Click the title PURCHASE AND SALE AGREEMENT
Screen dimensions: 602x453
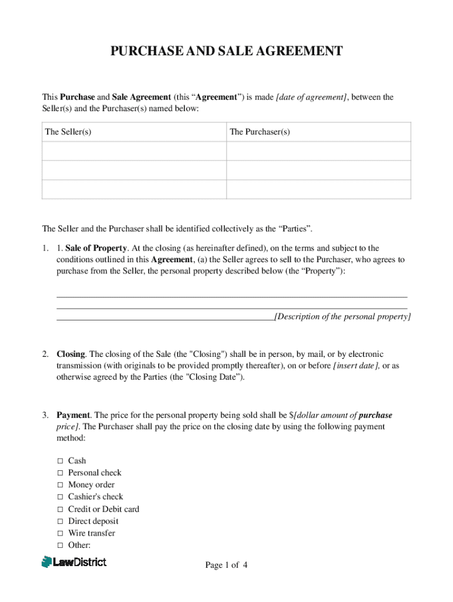point(226,52)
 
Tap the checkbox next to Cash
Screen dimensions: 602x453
point(60,461)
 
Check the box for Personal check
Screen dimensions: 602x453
point(60,473)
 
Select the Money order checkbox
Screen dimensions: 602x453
point(60,485)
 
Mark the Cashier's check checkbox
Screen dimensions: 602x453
point(60,497)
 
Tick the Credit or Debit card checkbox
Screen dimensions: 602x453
point(60,509)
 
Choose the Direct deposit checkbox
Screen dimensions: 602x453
point(60,521)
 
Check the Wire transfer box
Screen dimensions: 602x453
point(60,533)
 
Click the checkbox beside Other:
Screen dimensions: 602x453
point(60,546)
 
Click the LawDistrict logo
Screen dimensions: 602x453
point(74,562)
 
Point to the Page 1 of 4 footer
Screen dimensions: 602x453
point(226,566)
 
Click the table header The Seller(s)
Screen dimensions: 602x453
point(68,132)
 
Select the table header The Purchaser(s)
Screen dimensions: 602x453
point(260,132)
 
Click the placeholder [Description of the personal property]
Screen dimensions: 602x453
point(343,317)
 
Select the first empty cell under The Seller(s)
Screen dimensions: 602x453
point(134,151)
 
